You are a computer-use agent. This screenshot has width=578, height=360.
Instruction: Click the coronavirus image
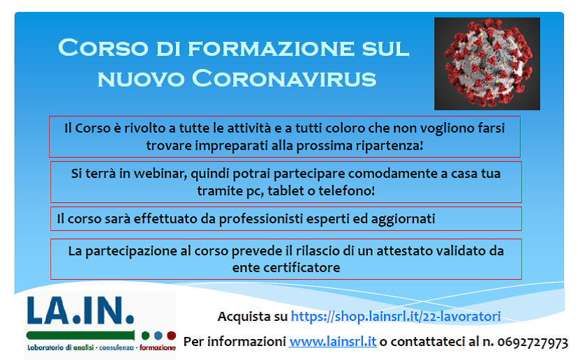[487, 63]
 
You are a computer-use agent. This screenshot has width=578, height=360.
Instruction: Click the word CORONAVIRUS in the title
[284, 78]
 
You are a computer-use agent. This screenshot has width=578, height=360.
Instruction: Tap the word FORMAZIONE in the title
[271, 48]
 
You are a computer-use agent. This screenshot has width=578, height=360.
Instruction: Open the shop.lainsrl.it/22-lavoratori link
[396, 316]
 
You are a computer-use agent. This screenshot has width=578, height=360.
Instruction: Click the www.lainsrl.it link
[332, 342]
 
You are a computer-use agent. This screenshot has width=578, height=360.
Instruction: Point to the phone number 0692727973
[533, 343]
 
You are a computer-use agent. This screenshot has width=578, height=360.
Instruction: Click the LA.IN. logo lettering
[80, 310]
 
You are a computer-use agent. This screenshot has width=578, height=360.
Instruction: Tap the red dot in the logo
[171, 336]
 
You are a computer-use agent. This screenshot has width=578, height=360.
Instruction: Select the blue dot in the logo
[158, 336]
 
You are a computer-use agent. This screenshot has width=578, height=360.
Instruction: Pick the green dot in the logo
[146, 336]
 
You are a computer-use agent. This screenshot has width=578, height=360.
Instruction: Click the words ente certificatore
[286, 267]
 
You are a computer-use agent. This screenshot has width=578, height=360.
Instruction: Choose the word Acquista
[244, 317]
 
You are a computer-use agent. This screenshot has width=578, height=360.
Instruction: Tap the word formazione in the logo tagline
[157, 347]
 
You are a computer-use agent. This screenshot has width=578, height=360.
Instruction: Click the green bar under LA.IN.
[80, 336]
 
